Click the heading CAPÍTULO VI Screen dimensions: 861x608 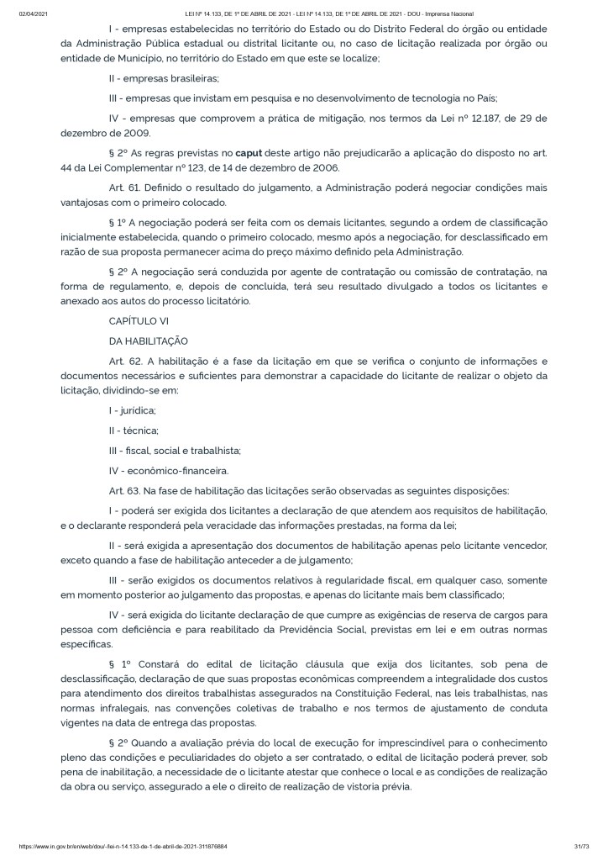tap(139, 321)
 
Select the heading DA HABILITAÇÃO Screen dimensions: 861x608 tap(148, 341)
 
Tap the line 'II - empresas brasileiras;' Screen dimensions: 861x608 tap(164, 78)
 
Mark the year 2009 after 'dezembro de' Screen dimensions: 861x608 tap(137, 133)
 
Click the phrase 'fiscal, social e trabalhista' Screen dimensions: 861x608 tap(181, 450)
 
